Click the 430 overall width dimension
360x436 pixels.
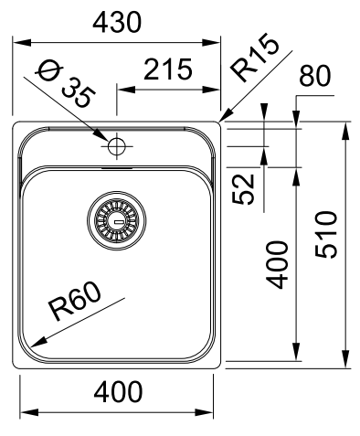click(x=117, y=22)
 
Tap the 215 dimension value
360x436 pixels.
click(x=168, y=69)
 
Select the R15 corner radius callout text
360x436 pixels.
click(x=255, y=58)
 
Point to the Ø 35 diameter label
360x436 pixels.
click(x=66, y=86)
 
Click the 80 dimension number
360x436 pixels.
click(x=315, y=75)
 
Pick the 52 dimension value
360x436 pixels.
click(x=243, y=189)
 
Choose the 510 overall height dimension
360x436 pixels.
click(x=326, y=235)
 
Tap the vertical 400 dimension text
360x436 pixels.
click(x=277, y=264)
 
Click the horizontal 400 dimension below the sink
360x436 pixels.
click(x=118, y=391)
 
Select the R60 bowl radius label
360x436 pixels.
click(x=76, y=301)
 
